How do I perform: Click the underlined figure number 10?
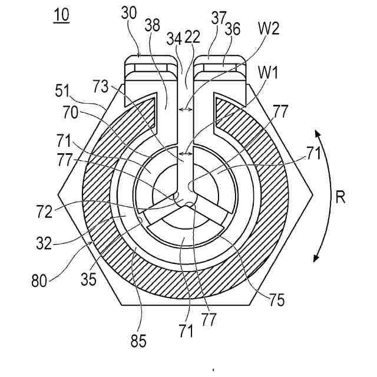61,15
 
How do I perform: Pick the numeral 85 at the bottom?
140,340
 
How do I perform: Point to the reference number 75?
277,300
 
